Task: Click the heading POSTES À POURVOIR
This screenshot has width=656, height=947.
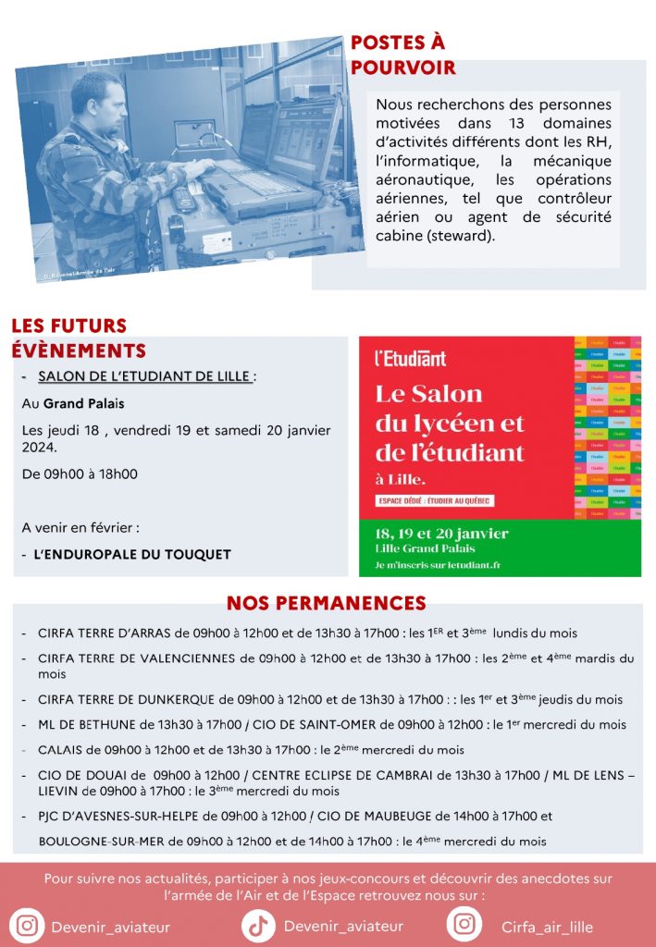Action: (402, 55)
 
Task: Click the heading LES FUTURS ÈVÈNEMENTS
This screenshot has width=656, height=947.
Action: (79, 338)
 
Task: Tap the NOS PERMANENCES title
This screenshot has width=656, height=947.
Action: (326, 604)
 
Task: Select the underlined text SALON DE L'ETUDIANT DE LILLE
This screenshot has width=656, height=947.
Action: (144, 376)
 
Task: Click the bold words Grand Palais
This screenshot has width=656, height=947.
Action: (83, 404)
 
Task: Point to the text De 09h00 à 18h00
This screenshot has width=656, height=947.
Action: (80, 474)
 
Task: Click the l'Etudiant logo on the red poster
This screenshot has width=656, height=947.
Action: (410, 359)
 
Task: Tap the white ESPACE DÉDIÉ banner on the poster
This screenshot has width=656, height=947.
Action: (434, 500)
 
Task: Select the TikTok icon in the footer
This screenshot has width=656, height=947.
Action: (258, 925)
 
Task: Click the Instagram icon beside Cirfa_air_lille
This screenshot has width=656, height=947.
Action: (464, 925)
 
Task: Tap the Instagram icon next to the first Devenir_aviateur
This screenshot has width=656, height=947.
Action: (28, 926)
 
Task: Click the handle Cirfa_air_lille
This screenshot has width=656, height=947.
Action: (547, 927)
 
